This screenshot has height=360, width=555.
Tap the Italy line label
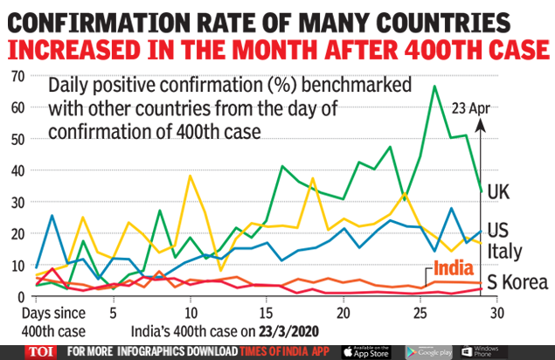coord(504,253)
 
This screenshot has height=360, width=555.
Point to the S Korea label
coord(517,281)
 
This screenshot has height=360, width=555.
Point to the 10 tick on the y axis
coord(16,266)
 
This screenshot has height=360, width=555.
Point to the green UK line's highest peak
coord(434,87)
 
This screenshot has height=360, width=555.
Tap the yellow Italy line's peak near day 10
coord(191,177)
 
